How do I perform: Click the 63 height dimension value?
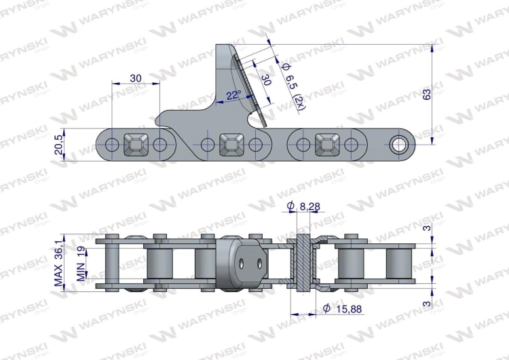pyautogui.click(x=427, y=94)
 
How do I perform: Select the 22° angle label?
pyautogui.click(x=233, y=95)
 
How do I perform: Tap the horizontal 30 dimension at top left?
pyautogui.click(x=136, y=78)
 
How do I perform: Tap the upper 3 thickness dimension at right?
pyautogui.click(x=427, y=229)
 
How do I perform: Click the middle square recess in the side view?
pyautogui.click(x=231, y=143)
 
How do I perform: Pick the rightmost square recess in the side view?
pyautogui.click(x=327, y=143)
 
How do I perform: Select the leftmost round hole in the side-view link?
pyautogui.click(x=112, y=143)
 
